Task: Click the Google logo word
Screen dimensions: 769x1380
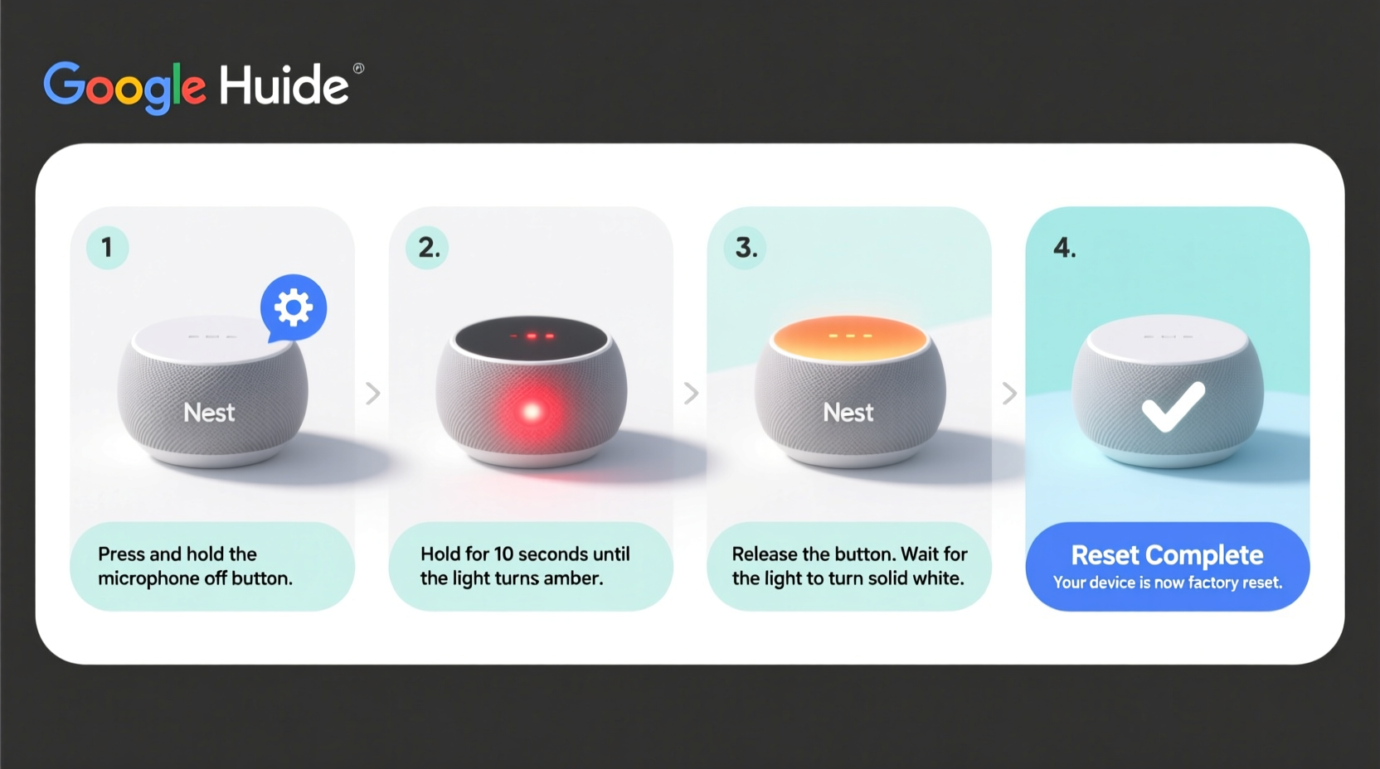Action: pos(124,85)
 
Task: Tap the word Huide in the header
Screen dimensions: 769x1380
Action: pos(284,85)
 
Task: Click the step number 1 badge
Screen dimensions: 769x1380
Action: pos(107,247)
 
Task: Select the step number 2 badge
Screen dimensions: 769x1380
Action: pos(427,247)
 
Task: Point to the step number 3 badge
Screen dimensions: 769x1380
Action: pos(746,247)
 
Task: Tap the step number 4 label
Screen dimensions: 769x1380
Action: pos(1064,248)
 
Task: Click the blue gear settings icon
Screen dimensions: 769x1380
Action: pos(294,307)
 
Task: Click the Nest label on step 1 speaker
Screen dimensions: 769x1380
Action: pos(209,413)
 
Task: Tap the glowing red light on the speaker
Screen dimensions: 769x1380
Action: pos(532,411)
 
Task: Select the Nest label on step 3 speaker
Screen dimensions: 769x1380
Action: pos(848,413)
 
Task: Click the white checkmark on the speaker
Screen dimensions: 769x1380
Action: pos(1172,407)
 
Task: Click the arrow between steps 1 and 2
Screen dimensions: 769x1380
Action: pos(373,393)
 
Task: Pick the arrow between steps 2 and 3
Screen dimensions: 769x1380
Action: pos(691,393)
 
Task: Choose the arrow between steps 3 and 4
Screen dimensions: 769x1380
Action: pos(1008,393)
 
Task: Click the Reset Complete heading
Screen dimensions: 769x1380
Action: pos(1167,554)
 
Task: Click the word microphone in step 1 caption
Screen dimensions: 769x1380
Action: pos(148,578)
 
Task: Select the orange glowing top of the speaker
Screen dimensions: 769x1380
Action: pos(849,338)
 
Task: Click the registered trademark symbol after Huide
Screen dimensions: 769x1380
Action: pos(358,69)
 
